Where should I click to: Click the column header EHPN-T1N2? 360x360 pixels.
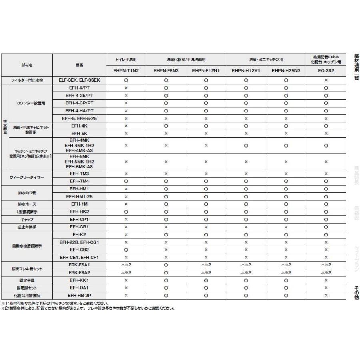(x=126, y=72)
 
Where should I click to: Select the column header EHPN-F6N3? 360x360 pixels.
(x=166, y=72)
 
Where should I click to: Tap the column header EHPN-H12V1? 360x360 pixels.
(x=246, y=72)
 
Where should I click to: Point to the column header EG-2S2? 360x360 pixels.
(x=326, y=72)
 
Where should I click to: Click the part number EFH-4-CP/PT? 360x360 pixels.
(x=79, y=103)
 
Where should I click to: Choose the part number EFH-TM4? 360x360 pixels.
(x=79, y=181)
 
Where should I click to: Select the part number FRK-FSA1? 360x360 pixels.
(x=79, y=265)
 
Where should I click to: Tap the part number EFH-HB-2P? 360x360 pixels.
(x=79, y=295)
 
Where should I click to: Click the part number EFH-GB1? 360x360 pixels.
(x=79, y=227)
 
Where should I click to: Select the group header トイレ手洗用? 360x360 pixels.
(x=126, y=59)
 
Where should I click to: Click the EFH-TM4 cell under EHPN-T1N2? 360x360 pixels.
(x=126, y=181)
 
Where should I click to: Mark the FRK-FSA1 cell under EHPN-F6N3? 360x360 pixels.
(x=166, y=265)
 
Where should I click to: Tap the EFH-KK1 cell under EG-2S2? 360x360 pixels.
(x=326, y=280)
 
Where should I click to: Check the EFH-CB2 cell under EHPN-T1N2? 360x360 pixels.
(x=126, y=250)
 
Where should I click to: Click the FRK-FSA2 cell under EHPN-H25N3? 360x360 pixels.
(x=286, y=272)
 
